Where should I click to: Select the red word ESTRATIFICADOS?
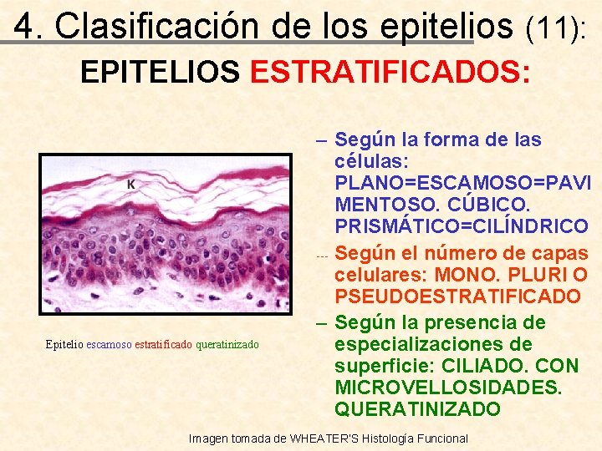tap(390, 73)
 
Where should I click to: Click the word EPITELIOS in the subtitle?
tap(160, 73)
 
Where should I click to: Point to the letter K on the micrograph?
tap(130, 183)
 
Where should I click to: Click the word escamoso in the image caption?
tap(109, 344)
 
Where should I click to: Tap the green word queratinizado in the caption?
tap(227, 344)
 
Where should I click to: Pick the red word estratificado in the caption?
tap(163, 344)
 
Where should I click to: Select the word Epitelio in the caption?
tap(65, 344)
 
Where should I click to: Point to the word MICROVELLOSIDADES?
tap(448, 388)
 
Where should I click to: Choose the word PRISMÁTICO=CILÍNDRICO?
tap(461, 225)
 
